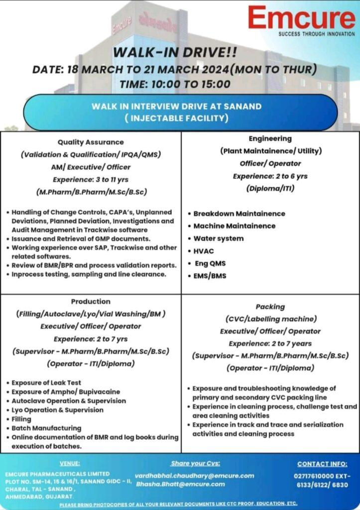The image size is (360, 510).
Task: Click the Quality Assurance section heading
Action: [x=91, y=142]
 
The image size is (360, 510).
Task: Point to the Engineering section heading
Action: [x=270, y=138]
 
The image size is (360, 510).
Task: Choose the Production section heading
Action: [x=91, y=301]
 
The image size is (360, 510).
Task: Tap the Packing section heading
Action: [x=270, y=307]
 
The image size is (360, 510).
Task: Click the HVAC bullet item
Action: [x=204, y=251]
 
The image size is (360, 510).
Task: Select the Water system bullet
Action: [x=219, y=238]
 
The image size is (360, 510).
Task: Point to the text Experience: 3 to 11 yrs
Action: [x=91, y=179]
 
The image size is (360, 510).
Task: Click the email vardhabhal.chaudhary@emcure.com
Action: [x=194, y=476]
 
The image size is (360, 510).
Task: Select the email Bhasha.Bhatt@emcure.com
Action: [x=180, y=484]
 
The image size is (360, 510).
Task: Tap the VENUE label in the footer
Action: [x=69, y=463]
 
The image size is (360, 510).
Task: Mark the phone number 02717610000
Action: [x=315, y=476]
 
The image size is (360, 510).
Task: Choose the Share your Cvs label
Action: [x=195, y=463]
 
